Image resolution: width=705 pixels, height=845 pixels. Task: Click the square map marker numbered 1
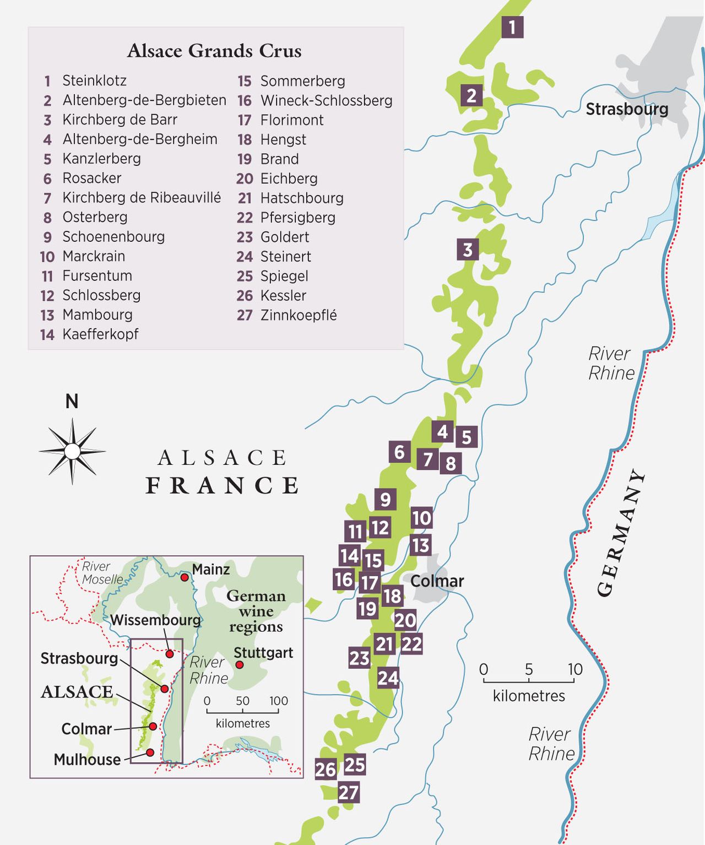pos(512,27)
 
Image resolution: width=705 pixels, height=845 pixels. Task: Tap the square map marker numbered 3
pos(468,250)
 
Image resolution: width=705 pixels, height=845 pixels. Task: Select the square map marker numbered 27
pos(348,792)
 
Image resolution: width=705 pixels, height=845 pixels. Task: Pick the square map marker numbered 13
pos(420,545)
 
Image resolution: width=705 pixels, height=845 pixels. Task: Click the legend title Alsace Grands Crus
pos(214,51)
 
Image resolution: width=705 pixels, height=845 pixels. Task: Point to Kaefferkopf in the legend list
pos(100,334)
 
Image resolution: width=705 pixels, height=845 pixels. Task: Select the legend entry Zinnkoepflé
pos(298,315)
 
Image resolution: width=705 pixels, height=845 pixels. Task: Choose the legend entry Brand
pos(279,159)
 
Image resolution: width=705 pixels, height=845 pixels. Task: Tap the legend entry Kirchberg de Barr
pos(120,120)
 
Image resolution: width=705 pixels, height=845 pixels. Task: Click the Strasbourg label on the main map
pos(627,109)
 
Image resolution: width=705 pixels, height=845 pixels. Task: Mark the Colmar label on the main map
pos(437,581)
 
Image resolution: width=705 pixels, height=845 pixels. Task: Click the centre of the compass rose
pos(72,452)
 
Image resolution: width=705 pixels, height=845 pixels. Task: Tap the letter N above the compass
pos(72,402)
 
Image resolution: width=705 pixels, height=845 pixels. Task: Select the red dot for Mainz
pos(185,577)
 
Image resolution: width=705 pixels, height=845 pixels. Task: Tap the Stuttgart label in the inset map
pos(263,653)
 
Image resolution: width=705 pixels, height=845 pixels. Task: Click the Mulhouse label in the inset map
pos(87,760)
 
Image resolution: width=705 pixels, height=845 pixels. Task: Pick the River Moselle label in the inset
pos(102,573)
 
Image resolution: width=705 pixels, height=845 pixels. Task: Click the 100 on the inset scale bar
pos(279,701)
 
